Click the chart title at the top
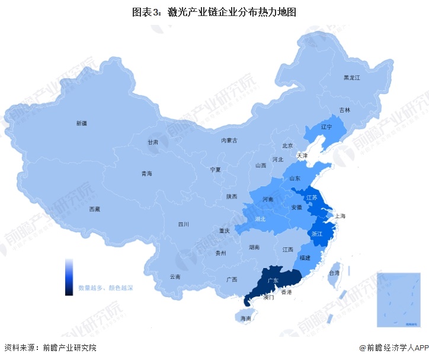(x=214, y=11)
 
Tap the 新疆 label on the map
(x=81, y=123)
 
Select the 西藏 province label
(x=94, y=209)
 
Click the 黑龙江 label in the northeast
(x=352, y=78)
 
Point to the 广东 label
(x=273, y=280)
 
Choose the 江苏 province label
(x=312, y=197)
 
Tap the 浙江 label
(x=317, y=234)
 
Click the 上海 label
(x=340, y=216)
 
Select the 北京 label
(x=287, y=145)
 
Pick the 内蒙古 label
(x=229, y=141)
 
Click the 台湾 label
(x=334, y=273)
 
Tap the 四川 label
(x=183, y=225)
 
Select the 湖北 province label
(x=260, y=219)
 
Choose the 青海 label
(x=146, y=174)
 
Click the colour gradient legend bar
(x=69, y=276)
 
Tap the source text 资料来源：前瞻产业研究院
(x=50, y=348)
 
